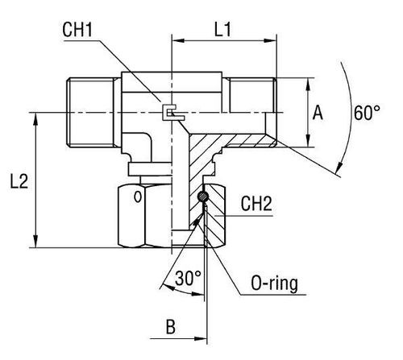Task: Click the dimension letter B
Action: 169,329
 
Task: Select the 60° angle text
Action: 368,114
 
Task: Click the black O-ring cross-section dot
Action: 204,197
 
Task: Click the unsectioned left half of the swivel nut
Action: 145,213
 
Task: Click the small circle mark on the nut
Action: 138,196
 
